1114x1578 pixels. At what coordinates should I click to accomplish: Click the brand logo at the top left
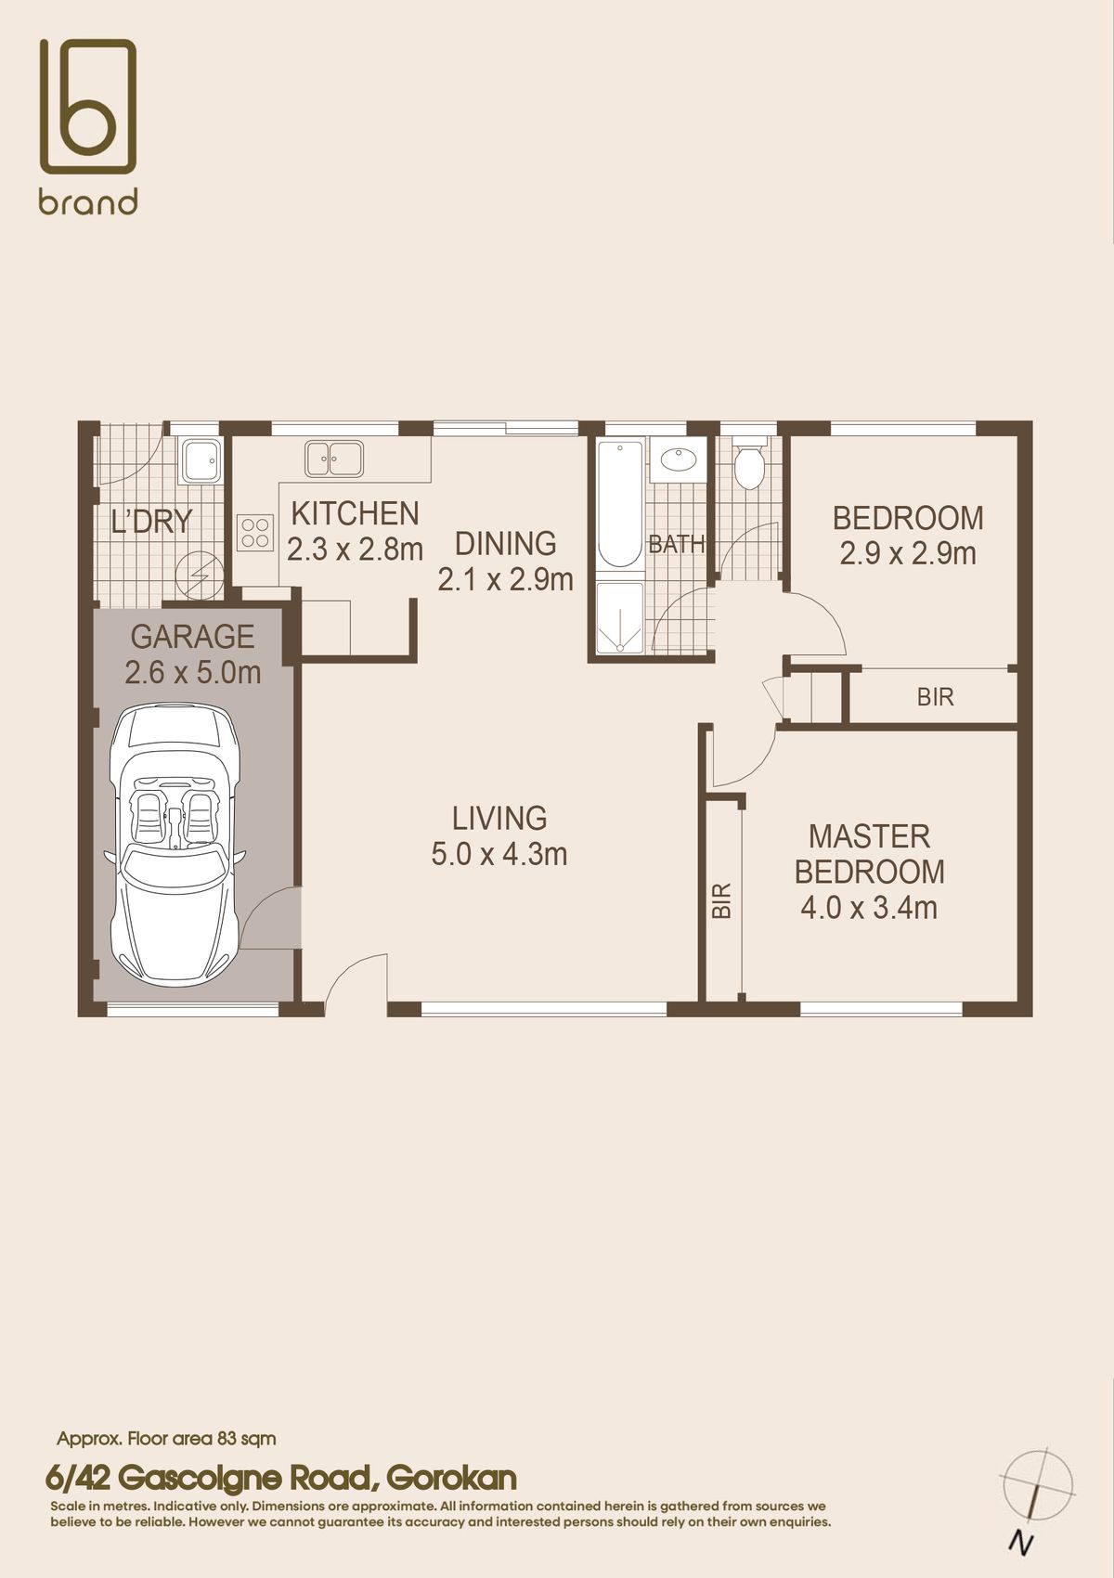[x=87, y=125]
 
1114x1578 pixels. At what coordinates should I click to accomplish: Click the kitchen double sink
[x=333, y=459]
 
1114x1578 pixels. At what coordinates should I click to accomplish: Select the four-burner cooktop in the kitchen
[x=255, y=532]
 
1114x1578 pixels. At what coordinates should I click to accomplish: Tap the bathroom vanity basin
[x=679, y=459]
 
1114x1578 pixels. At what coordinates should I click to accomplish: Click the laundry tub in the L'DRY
[x=201, y=460]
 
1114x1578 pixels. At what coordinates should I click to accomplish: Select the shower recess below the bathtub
[x=620, y=618]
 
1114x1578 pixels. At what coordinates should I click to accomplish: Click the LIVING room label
[x=499, y=818]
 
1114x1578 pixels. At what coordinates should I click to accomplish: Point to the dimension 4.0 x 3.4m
[x=869, y=907]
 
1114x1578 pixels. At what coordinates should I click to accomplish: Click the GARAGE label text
[x=192, y=637]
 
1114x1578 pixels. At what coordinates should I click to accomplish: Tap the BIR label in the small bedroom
[x=935, y=697]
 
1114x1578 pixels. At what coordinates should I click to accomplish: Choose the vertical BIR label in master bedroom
[x=722, y=899]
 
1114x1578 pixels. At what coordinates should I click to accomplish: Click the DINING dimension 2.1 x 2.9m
[x=505, y=580]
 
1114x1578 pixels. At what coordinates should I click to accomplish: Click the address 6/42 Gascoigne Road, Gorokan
[x=281, y=1477]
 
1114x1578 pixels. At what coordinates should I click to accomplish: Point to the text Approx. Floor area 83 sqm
[x=166, y=1439]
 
